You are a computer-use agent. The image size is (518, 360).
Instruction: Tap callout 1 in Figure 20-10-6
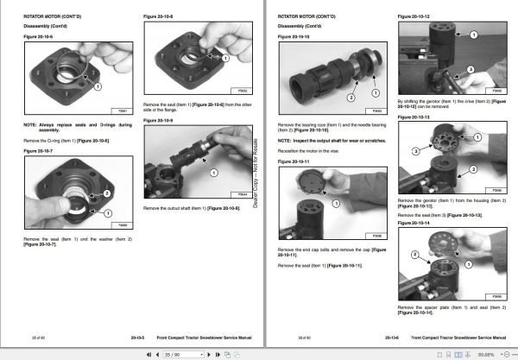point(98,86)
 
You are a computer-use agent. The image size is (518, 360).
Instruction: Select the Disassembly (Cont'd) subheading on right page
point(298,27)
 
